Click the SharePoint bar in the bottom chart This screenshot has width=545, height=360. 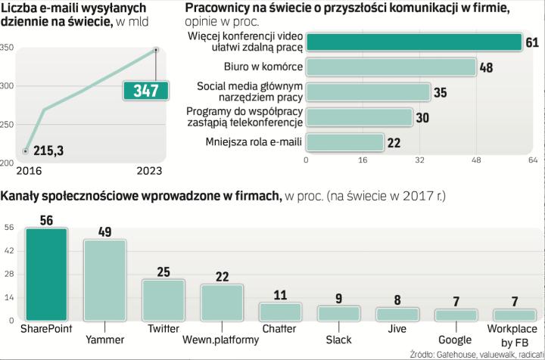click(x=46, y=275)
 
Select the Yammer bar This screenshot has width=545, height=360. click(x=104, y=281)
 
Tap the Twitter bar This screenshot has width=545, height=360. click(x=163, y=301)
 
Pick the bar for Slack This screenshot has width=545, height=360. click(x=338, y=313)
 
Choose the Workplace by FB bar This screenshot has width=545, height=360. click(x=515, y=315)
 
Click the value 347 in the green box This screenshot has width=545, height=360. click(x=145, y=92)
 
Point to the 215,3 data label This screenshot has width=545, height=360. click(x=48, y=151)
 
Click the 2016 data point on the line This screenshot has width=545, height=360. click(x=26, y=151)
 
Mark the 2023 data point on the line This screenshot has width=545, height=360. click(x=155, y=50)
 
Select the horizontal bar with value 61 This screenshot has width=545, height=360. click(x=413, y=42)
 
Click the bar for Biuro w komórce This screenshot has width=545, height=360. click(x=391, y=67)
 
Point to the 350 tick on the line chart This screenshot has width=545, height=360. click(x=8, y=48)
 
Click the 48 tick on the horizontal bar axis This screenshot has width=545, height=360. click(x=476, y=160)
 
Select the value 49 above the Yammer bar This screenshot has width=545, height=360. click(x=105, y=231)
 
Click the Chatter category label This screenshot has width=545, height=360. click(x=279, y=329)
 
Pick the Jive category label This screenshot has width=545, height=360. click(x=397, y=329)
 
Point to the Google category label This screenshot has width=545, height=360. click(x=455, y=340)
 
